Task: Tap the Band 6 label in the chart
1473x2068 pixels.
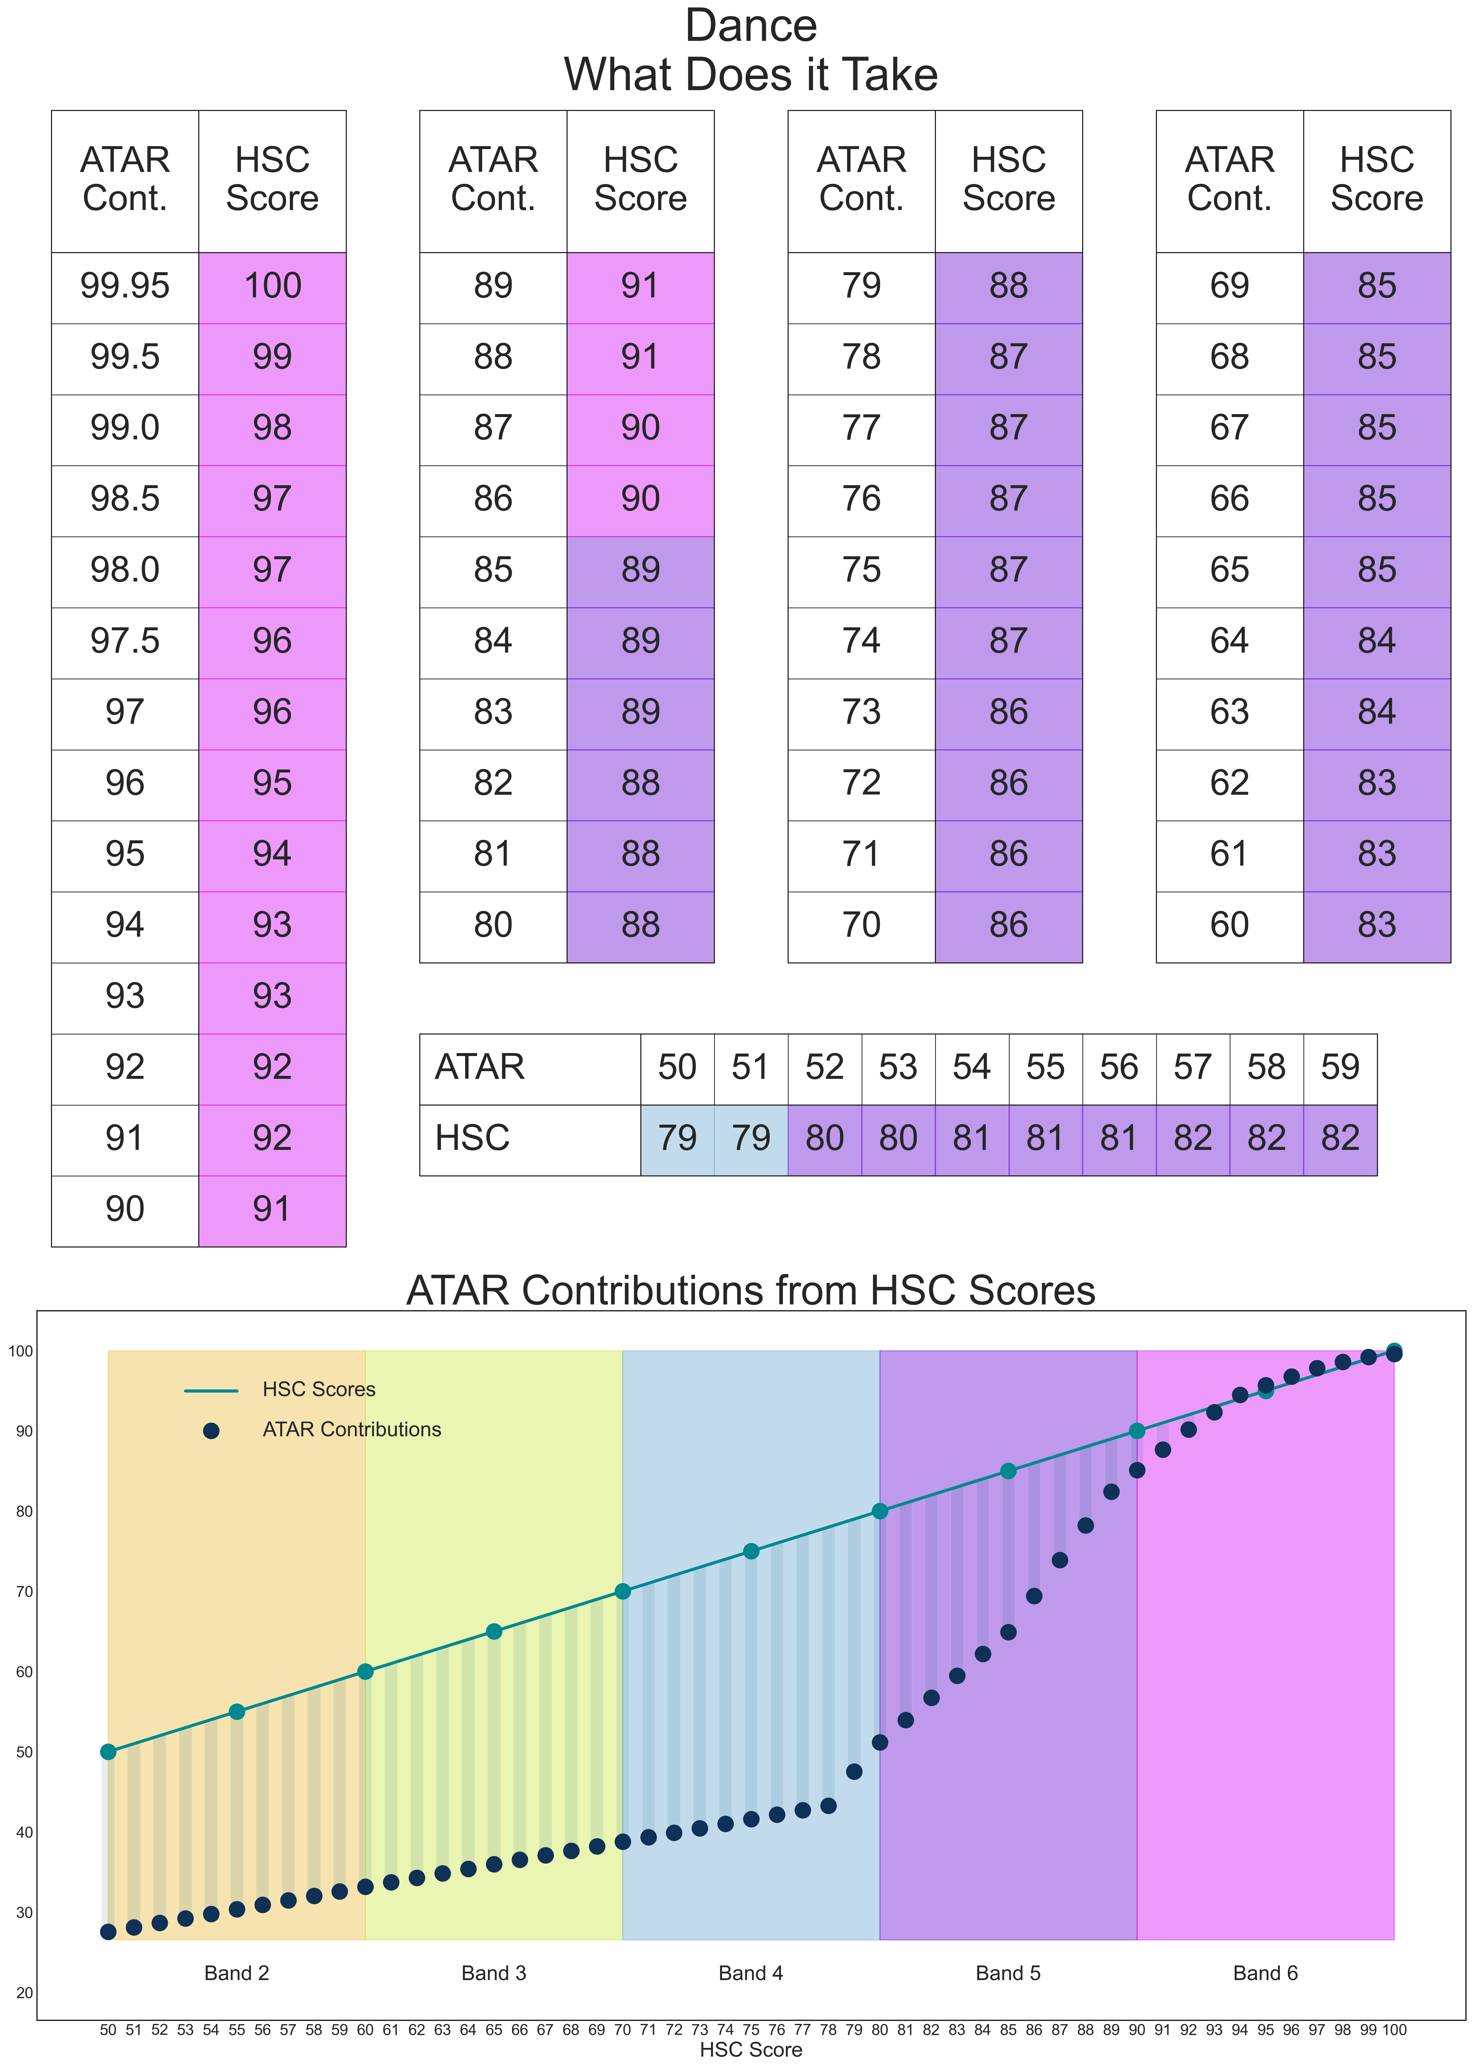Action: point(1265,1973)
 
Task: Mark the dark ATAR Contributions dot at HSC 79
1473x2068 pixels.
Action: point(853,1771)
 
